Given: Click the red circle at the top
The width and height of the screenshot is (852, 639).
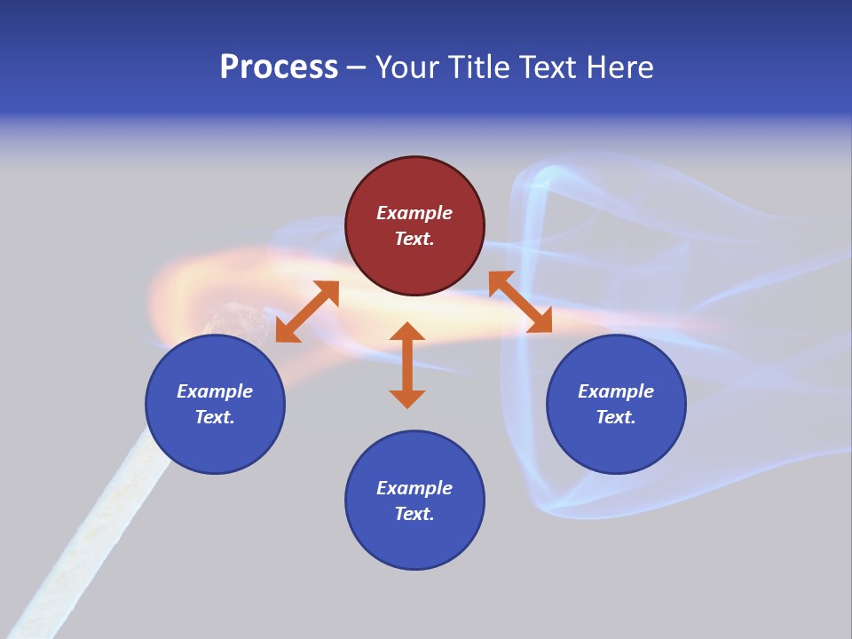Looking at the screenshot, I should (x=414, y=226).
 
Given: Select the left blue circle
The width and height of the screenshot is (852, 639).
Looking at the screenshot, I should (x=215, y=405).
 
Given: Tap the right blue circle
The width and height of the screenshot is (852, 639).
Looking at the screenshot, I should (x=616, y=405).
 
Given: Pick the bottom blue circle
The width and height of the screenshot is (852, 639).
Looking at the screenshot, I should (x=414, y=501).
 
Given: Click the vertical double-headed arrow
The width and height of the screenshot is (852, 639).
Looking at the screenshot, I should (x=407, y=365).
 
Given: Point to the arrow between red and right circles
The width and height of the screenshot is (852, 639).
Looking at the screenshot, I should (x=520, y=303).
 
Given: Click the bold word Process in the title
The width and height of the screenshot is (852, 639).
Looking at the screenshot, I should (x=279, y=67).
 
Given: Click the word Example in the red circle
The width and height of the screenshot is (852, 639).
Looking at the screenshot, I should (x=414, y=213).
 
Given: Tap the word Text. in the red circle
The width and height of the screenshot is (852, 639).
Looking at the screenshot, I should (x=414, y=239).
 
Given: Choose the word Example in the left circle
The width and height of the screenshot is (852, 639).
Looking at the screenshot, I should (x=215, y=391).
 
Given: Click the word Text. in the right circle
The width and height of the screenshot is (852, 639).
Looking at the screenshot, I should (x=616, y=417).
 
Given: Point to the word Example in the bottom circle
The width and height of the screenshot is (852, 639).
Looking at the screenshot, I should (x=414, y=488).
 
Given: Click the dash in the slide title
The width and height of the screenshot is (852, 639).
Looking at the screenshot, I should (x=357, y=68).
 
